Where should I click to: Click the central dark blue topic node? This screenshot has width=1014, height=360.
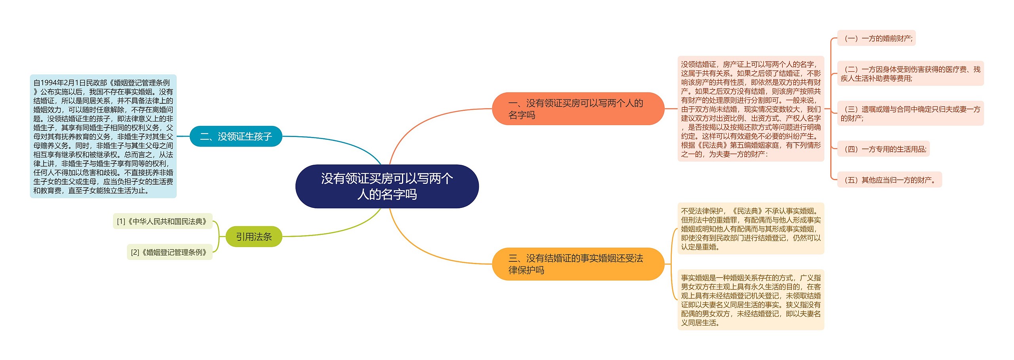pos(387,186)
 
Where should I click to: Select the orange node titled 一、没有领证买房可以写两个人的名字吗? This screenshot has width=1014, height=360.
pos(578,109)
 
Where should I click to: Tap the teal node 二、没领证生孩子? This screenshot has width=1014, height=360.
pos(236,137)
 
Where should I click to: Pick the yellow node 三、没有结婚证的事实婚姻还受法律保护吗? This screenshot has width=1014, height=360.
pos(578,264)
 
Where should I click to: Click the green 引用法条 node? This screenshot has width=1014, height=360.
pos(253,237)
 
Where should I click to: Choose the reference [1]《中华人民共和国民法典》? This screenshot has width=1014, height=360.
pos(162,221)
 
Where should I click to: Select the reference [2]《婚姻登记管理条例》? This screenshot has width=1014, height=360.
pos(169,252)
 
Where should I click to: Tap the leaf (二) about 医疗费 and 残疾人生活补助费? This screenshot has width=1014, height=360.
pos(910,74)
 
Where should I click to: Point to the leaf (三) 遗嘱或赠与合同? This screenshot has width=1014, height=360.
pos(910,114)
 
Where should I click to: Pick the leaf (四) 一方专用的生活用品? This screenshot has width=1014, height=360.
pos(883,149)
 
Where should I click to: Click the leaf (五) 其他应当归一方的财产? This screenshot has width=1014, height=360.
pos(889,180)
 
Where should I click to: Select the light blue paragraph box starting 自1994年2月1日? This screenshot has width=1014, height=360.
pos(103,137)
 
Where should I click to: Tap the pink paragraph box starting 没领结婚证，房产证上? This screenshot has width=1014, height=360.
pos(751,109)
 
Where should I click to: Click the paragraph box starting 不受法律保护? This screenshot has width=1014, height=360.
pos(751,229)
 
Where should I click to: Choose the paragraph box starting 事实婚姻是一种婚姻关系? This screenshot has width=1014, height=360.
pos(751,300)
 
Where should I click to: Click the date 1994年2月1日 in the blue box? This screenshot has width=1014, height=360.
pos(59,83)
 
